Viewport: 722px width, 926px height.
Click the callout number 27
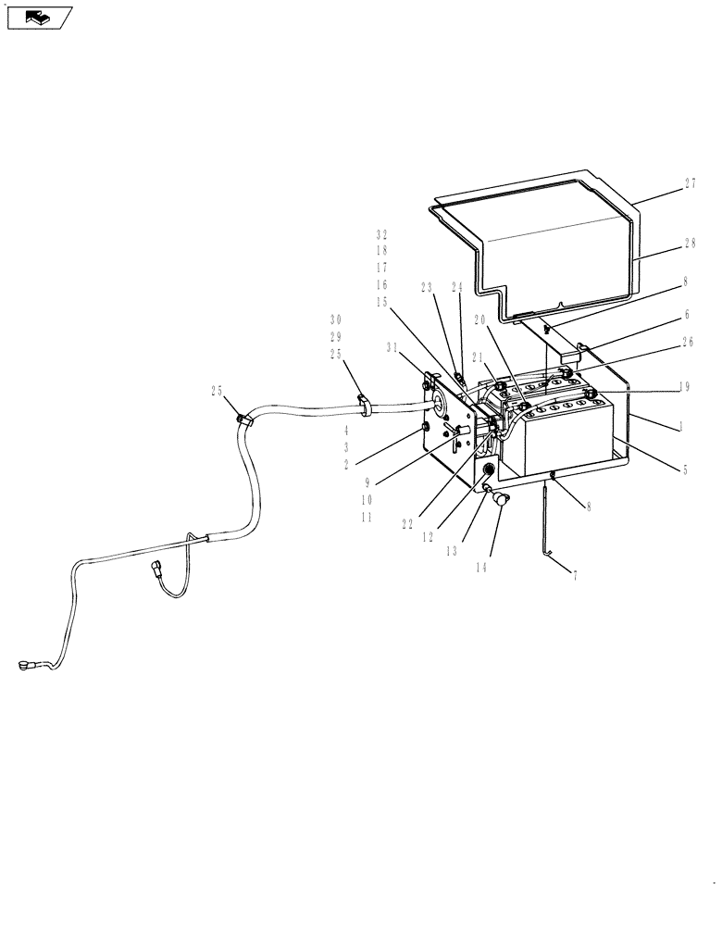(690, 184)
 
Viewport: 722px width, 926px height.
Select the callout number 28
(690, 243)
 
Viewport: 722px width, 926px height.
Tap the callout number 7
(575, 575)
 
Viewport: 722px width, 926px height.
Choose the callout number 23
(426, 287)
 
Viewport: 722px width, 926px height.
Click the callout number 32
(381, 234)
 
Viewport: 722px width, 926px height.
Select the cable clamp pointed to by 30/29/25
(364, 404)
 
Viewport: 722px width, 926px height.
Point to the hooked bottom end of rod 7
(548, 554)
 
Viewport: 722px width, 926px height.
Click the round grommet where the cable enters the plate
(435, 401)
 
